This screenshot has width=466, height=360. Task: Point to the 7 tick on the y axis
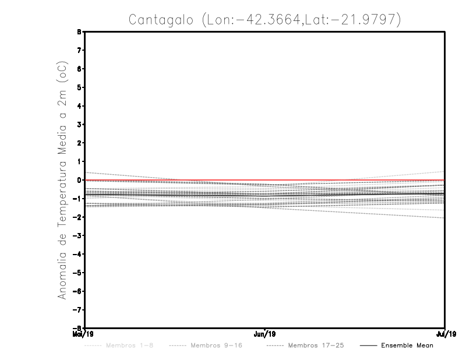[x=79, y=51]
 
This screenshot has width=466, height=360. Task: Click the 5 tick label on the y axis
[x=79, y=87]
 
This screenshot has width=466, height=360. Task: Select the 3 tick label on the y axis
[x=79, y=125]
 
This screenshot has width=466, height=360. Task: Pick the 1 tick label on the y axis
[x=79, y=161]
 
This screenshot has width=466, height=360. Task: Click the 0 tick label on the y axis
[x=79, y=180]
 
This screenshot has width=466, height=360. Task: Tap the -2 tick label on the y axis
[x=78, y=217]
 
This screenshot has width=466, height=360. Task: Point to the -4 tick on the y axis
[x=78, y=254]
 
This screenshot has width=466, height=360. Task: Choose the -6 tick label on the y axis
[x=78, y=291]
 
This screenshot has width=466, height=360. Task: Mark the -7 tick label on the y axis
[x=78, y=309]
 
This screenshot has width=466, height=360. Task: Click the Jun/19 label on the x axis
[x=265, y=334]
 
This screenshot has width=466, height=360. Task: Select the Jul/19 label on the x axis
[x=446, y=334]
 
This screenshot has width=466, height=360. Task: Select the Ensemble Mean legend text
[x=407, y=345]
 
